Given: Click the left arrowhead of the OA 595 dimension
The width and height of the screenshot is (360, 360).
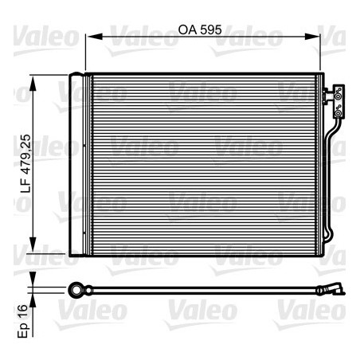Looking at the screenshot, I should [89, 36].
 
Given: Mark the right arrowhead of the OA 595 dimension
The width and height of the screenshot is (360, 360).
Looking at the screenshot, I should [316, 36].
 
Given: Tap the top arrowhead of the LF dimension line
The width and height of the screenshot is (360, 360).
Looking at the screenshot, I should [33, 78].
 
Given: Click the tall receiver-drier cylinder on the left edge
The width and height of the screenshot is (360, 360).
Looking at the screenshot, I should [76, 163].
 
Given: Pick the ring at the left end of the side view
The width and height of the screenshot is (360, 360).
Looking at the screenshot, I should [76, 288].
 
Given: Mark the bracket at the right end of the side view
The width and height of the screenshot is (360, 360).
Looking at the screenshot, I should [333, 288].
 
